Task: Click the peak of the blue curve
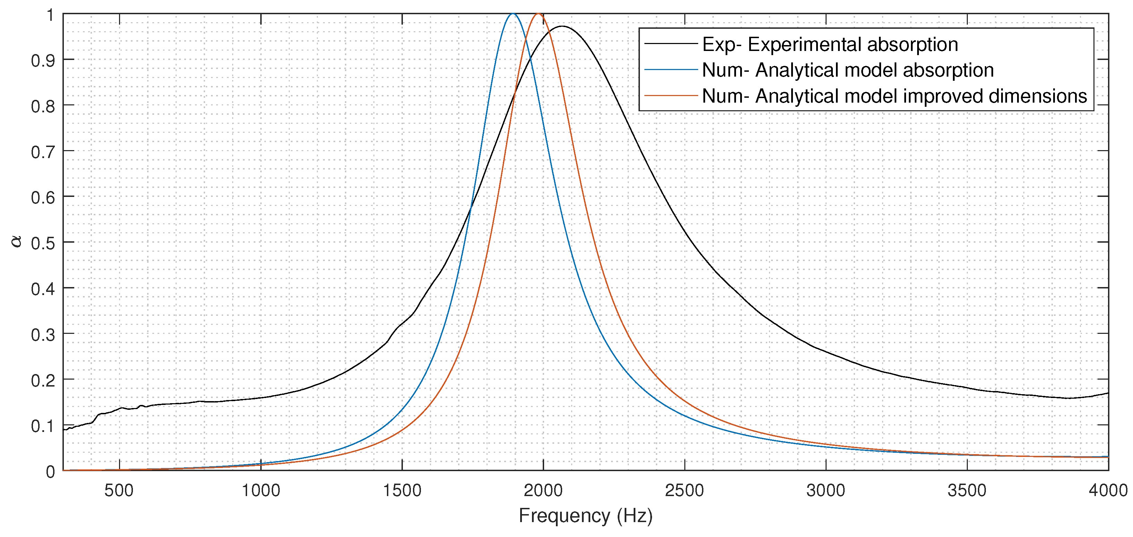pyautogui.click(x=513, y=14)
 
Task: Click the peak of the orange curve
pyautogui.click(x=538, y=14)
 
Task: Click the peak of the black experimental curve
pyautogui.click(x=562, y=26)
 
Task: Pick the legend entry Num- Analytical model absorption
pyautogui.click(x=847, y=70)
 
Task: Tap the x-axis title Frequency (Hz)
pyautogui.click(x=585, y=515)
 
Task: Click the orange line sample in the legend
pyautogui.click(x=671, y=95)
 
